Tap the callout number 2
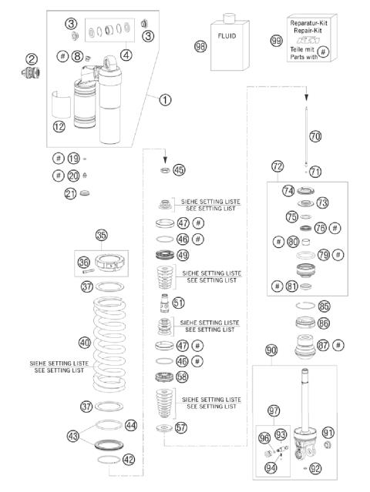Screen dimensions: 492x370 pos(32,59)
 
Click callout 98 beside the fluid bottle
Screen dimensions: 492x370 pos(201,46)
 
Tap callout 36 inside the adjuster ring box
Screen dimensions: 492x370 pos(84,263)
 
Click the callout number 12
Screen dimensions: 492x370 pos(60,127)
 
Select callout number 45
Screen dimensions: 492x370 pos(179,169)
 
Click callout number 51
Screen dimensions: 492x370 pos(179,303)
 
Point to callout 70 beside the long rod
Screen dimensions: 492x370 pos(314,136)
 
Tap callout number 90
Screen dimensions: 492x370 pos(271,350)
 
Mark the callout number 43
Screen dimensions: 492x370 pos(73,435)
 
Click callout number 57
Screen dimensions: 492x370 pos(180,427)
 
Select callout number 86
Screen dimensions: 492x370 pos(323,323)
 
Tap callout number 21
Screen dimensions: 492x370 pos(70,194)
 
